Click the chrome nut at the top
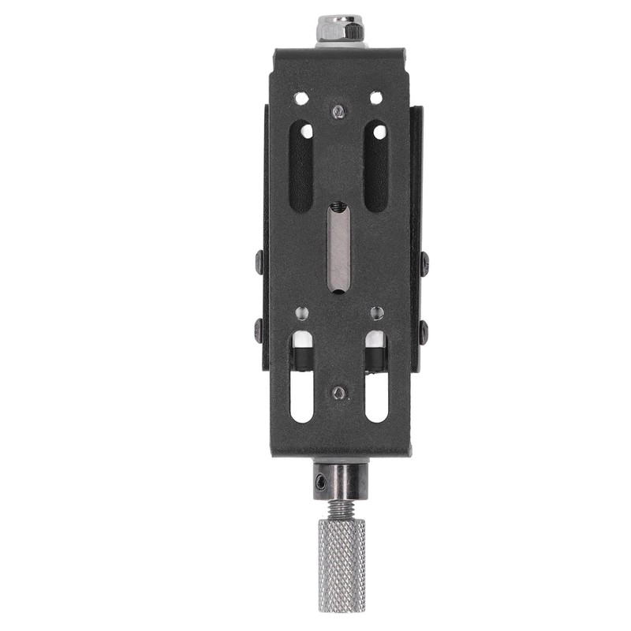tap(340, 30)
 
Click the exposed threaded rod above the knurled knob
tap(340, 510)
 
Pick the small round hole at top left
tap(301, 99)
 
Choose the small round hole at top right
tap(375, 99)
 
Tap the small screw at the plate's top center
tap(338, 112)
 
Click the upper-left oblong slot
tap(301, 166)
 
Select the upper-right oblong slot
tap(375, 166)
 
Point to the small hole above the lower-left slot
tap(301, 313)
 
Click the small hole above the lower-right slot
tap(376, 313)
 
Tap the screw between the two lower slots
tap(338, 392)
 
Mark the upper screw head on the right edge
tap(424, 262)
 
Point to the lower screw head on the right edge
tap(424, 330)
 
